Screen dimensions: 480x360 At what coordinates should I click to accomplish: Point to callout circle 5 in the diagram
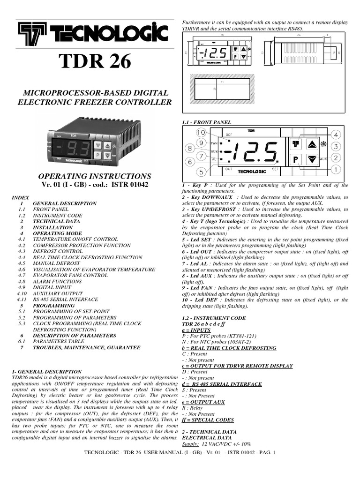pos(201,172)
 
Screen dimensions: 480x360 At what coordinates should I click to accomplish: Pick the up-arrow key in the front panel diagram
pos(312,144)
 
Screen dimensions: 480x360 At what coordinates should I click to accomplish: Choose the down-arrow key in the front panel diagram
pos(312,160)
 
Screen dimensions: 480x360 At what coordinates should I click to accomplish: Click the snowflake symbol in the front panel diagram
pos(323,144)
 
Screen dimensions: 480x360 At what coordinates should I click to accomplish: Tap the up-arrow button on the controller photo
pos(107,146)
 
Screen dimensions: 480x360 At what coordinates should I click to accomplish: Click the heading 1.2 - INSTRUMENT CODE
pos(209,318)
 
